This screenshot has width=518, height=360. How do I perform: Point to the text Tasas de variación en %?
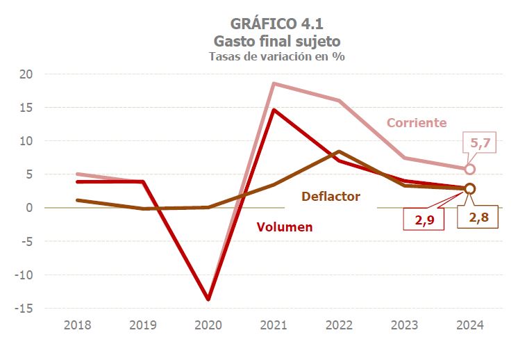click(x=277, y=57)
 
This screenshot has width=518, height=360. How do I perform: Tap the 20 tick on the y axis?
click(x=26, y=74)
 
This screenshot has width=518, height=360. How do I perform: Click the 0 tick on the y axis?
click(x=30, y=208)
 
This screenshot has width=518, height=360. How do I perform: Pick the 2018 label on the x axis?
click(x=77, y=325)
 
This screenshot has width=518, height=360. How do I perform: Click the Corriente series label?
click(x=416, y=123)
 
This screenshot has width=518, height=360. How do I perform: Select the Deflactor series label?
click(x=331, y=197)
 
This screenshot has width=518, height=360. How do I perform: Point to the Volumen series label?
click(x=285, y=227)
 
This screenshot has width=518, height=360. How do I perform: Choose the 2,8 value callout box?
click(x=478, y=218)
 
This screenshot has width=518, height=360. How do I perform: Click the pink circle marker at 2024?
click(x=469, y=169)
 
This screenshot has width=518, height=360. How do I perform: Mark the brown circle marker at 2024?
click(x=469, y=188)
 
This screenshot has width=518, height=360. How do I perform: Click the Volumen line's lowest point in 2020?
click(x=208, y=299)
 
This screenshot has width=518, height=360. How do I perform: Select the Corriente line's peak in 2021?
click(x=274, y=83)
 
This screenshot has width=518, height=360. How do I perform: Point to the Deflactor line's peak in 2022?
click(x=338, y=152)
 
